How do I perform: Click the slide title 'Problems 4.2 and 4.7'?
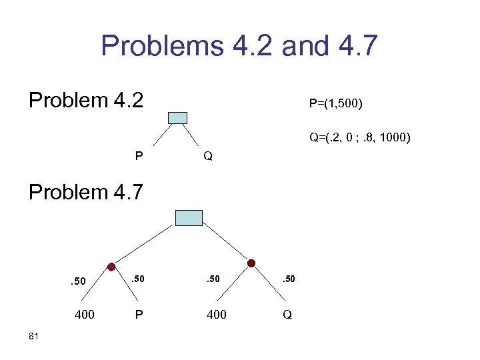tap(239, 47)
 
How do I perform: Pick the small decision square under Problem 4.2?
tap(178, 118)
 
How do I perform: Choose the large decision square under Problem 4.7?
tap(189, 217)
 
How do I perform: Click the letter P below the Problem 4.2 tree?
tap(138, 157)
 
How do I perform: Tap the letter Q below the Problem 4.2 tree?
tap(208, 157)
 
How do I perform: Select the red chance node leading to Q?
tap(251, 264)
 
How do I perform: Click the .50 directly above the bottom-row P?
tap(138, 279)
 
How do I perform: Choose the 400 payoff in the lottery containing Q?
tap(217, 314)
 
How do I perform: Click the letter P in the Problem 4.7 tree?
tap(138, 314)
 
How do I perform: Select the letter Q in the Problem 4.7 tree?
tap(287, 314)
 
